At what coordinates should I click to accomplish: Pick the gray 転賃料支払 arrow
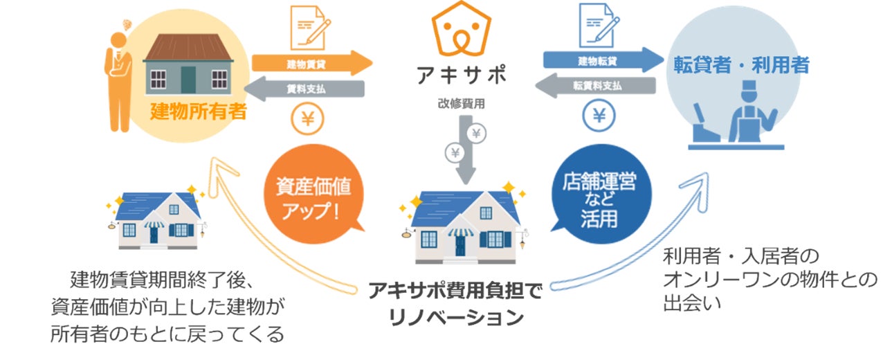(x=595, y=86)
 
